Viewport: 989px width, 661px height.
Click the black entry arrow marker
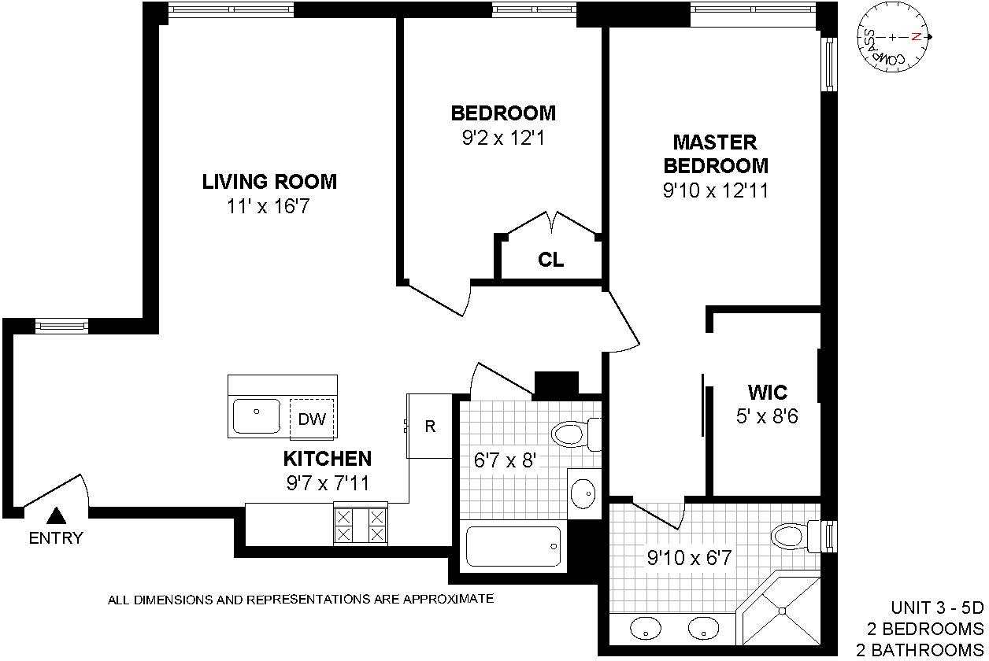pos(56,515)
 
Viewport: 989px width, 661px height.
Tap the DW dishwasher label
pos(312,419)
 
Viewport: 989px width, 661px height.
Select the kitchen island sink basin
pos(256,416)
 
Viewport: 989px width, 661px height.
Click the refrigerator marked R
pos(430,426)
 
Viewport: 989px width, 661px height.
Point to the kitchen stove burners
pos(361,525)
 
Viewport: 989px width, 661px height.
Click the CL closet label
pos(550,260)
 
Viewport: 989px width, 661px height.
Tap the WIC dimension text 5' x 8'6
pos(767,416)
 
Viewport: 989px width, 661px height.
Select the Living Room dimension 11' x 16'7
pos(269,206)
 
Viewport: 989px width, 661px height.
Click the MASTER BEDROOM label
pos(716,154)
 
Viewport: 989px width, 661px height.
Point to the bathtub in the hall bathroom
pos(513,546)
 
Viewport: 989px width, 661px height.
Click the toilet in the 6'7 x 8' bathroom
pos(576,434)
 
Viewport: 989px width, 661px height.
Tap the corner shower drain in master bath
pos(782,611)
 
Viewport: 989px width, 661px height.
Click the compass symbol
pos(893,38)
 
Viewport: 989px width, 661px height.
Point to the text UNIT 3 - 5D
pos(937,607)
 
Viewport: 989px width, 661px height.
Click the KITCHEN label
pos(327,459)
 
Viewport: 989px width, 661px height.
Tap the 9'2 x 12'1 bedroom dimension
pos(503,138)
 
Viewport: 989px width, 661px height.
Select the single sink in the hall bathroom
pos(583,493)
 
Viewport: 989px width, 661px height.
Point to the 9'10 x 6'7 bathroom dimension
pos(689,558)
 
